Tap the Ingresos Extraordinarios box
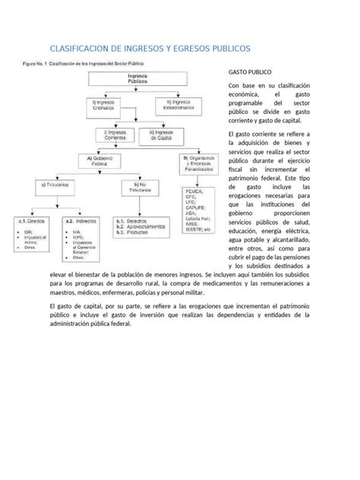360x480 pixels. (178, 102)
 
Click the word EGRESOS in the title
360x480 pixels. (211, 49)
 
